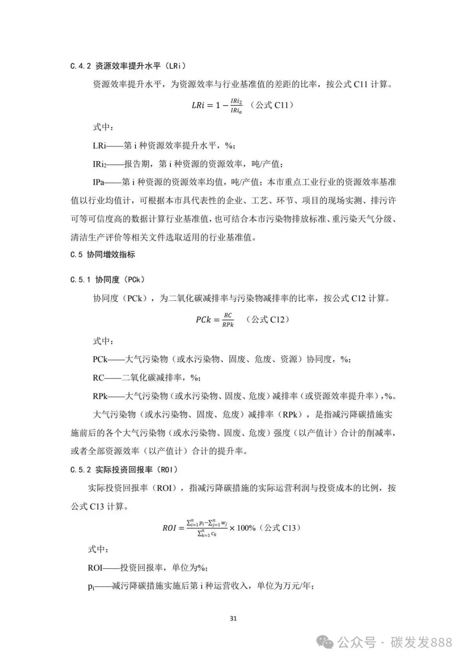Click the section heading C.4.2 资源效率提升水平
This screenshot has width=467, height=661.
(x=128, y=66)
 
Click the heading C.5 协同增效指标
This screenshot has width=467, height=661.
(x=102, y=255)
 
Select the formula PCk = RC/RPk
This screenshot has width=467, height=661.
(x=214, y=319)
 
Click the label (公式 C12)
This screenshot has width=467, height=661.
(x=268, y=319)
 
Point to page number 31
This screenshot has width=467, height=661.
(x=233, y=618)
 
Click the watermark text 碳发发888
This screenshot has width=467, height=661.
(x=421, y=642)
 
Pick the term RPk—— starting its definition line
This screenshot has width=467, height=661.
(x=100, y=396)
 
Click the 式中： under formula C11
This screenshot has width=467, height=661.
(x=103, y=127)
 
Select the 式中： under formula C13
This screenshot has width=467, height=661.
(x=98, y=549)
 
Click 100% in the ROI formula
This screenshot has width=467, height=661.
(x=246, y=528)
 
